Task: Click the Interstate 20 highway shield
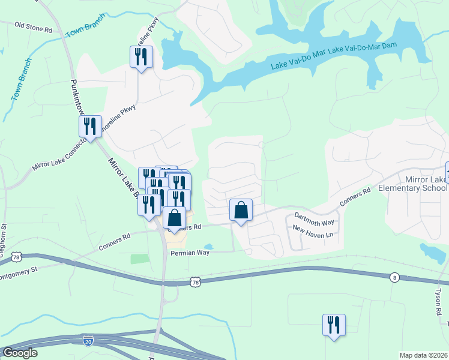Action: click(x=87, y=340)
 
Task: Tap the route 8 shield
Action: click(x=394, y=277)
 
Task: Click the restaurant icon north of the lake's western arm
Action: click(x=141, y=58)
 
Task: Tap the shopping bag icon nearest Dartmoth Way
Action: click(x=241, y=211)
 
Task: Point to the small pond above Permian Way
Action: click(x=208, y=247)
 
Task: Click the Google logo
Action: click(x=20, y=353)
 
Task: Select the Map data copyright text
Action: click(x=423, y=355)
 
